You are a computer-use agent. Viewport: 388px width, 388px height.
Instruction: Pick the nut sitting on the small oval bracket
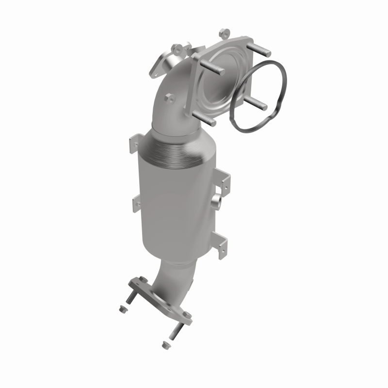[177, 48]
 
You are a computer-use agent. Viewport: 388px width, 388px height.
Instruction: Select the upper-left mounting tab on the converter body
[134, 144]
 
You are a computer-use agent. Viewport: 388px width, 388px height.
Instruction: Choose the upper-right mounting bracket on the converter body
[225, 180]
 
